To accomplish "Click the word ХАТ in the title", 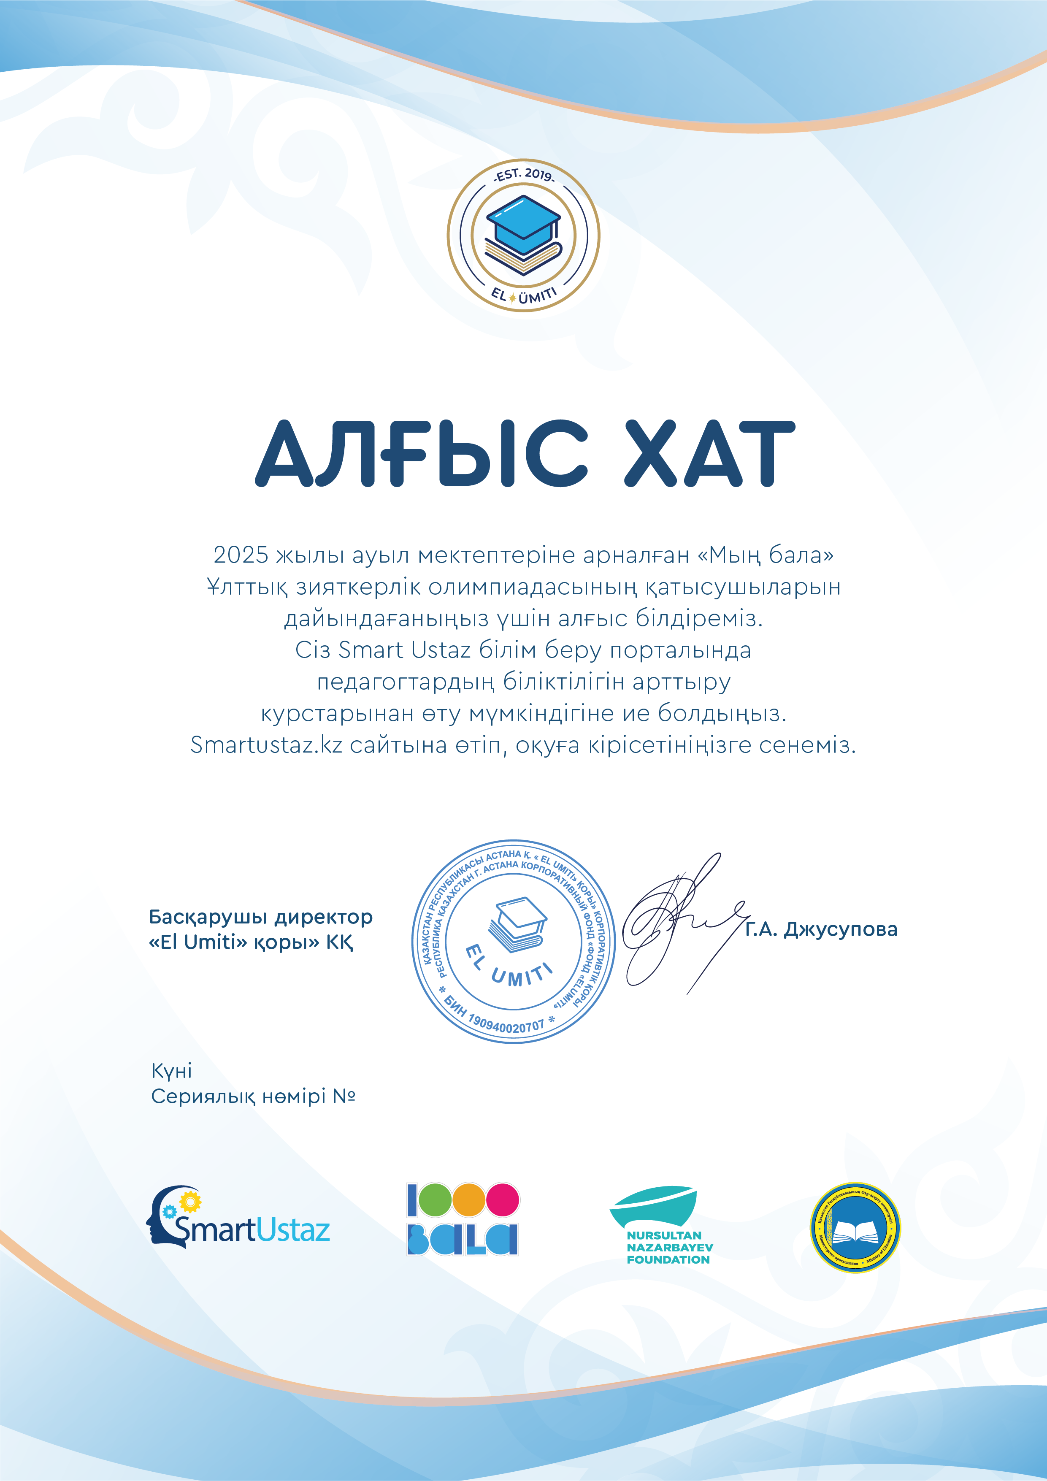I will point(710,453).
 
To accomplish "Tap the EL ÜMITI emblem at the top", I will point(523,236).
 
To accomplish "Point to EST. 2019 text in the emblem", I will point(523,175).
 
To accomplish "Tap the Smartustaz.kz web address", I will point(266,745).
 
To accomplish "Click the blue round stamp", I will point(514,941).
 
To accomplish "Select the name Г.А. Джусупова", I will point(821,929).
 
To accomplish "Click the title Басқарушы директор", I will point(261,917).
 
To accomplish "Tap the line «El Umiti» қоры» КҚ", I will point(251,942).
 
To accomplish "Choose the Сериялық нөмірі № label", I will point(253,1096).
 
